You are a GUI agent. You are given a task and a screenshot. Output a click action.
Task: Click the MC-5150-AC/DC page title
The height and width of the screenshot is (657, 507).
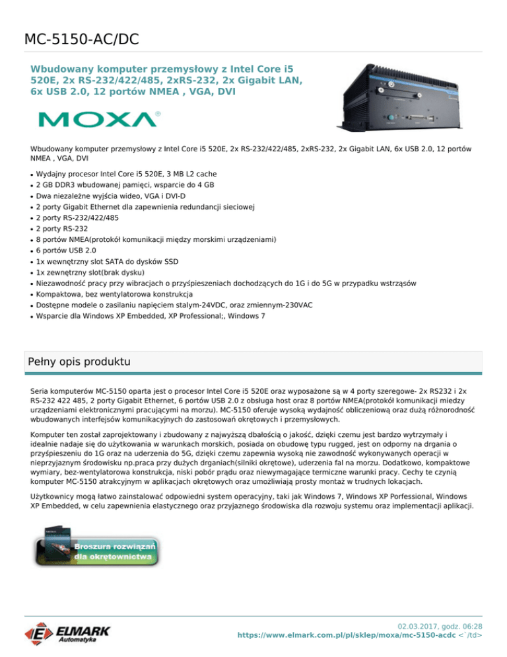click(x=81, y=39)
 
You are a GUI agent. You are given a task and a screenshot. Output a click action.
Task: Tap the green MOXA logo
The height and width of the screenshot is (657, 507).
click(x=99, y=119)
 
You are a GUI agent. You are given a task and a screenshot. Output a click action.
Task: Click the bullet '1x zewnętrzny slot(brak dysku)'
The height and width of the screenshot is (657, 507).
click(x=92, y=272)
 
